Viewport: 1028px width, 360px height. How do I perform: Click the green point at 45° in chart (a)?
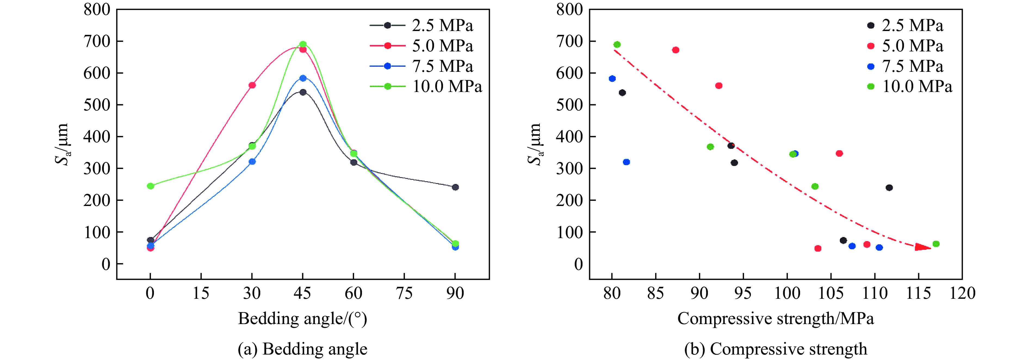tap(303, 44)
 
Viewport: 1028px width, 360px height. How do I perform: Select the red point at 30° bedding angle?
tap(252, 85)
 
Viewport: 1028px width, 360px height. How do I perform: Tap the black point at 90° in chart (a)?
tap(455, 187)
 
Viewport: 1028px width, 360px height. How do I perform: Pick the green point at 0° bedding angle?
tap(150, 186)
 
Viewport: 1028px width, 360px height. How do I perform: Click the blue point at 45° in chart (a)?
tap(303, 78)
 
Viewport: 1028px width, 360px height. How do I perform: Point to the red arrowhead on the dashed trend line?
tap(922, 247)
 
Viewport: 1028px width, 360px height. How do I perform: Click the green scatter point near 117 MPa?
tap(936, 244)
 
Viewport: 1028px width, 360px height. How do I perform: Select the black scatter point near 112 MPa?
tap(889, 187)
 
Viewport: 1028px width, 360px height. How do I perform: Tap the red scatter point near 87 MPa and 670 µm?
tap(676, 50)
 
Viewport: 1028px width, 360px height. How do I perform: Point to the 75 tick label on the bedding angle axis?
tap(404, 293)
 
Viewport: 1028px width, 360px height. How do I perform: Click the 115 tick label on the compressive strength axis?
tap(918, 293)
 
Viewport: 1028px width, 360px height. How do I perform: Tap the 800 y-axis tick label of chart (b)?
tap(569, 10)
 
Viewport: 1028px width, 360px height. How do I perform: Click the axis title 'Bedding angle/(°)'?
tap(302, 318)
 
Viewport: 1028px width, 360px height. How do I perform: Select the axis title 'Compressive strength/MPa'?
tap(775, 318)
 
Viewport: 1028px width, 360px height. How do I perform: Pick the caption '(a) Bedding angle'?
tap(302, 349)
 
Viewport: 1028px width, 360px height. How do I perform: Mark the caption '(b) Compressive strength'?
tap(775, 349)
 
